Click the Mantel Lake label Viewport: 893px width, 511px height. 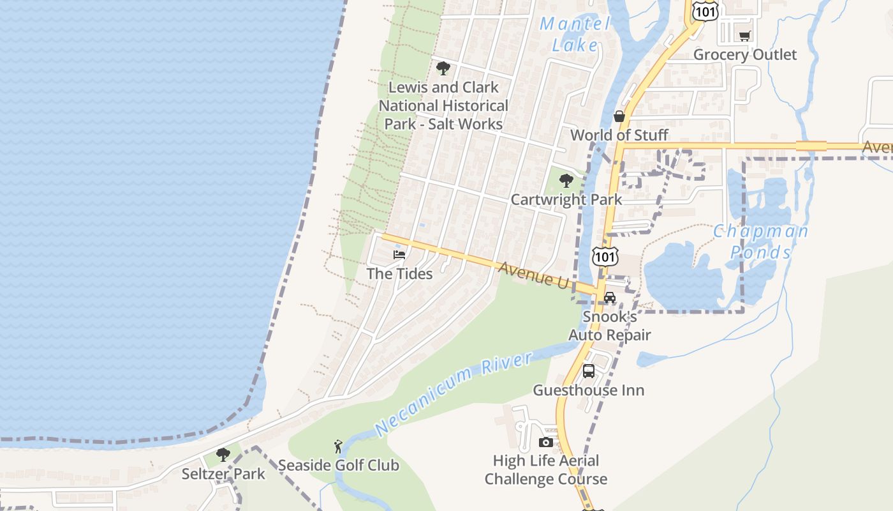point(575,34)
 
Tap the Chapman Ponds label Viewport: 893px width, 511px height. point(760,241)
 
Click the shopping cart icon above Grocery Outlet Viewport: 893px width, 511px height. point(744,36)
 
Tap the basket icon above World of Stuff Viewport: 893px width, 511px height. point(619,116)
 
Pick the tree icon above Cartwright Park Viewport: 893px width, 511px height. point(566,181)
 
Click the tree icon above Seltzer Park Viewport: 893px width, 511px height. point(223,455)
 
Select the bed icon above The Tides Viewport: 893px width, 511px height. point(399,254)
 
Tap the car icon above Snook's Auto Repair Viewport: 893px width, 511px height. point(610,298)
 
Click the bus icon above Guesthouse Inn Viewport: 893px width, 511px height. point(589,371)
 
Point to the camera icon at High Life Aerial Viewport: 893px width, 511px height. point(545,442)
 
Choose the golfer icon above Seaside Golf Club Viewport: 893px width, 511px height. point(338,446)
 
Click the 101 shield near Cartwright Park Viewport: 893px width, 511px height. point(604,256)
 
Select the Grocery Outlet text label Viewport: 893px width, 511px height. point(745,54)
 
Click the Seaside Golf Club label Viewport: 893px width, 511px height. point(339,465)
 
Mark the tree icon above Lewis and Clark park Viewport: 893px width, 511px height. point(443,68)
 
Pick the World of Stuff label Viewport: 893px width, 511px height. point(619,135)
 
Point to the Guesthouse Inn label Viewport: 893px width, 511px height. point(588,390)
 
